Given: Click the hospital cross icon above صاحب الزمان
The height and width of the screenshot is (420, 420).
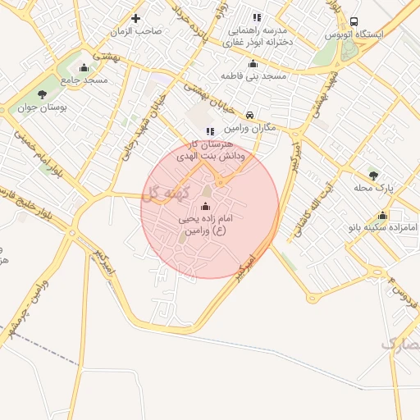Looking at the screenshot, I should [136, 18].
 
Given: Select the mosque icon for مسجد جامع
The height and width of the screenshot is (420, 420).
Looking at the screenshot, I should [84, 67].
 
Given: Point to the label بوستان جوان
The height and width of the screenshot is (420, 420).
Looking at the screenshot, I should [65, 107].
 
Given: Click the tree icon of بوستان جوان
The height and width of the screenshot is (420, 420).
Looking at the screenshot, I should [65, 94].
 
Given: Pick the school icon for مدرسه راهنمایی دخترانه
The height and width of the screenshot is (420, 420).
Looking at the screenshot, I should [257, 17].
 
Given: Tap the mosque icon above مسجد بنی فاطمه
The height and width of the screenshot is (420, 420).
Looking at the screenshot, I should [253, 64].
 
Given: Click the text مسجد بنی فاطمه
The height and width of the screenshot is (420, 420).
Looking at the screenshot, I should [253, 76].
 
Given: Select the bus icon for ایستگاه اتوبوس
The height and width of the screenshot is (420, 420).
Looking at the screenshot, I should [354, 21].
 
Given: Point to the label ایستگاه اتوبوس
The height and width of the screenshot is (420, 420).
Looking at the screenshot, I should [354, 35].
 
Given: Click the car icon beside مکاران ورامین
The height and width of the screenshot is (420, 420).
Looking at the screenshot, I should [249, 116].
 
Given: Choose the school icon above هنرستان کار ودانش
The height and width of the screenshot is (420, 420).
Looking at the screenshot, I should [210, 130].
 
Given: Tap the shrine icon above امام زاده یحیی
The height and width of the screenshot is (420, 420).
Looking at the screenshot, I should [205, 206].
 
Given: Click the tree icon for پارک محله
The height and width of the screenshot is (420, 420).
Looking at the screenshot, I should [373, 175].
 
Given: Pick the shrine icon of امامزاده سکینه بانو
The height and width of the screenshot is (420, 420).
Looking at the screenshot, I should [382, 215].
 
